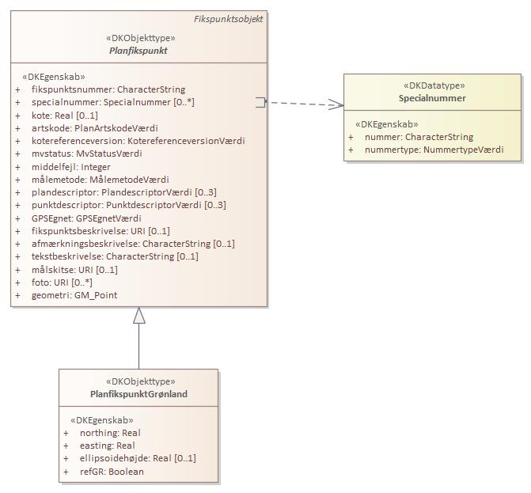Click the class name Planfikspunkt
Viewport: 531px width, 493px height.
point(138,51)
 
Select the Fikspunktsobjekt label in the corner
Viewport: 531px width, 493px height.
point(229,19)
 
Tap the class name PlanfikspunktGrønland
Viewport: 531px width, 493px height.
point(138,394)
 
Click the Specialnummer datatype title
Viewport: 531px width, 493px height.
point(432,98)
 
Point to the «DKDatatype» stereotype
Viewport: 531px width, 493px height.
point(432,85)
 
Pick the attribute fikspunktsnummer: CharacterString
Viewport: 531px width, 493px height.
point(103,89)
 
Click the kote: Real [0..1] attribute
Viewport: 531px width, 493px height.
point(70,116)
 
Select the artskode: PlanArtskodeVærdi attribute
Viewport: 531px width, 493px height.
point(89,128)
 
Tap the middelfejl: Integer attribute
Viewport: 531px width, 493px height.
point(71,167)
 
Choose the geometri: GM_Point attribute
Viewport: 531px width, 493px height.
point(74,295)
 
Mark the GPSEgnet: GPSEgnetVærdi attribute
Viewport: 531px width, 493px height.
point(87,218)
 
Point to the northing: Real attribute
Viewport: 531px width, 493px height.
point(110,433)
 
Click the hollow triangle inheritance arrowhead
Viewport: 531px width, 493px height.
point(139,316)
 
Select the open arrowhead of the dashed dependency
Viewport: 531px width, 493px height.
point(337,104)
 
